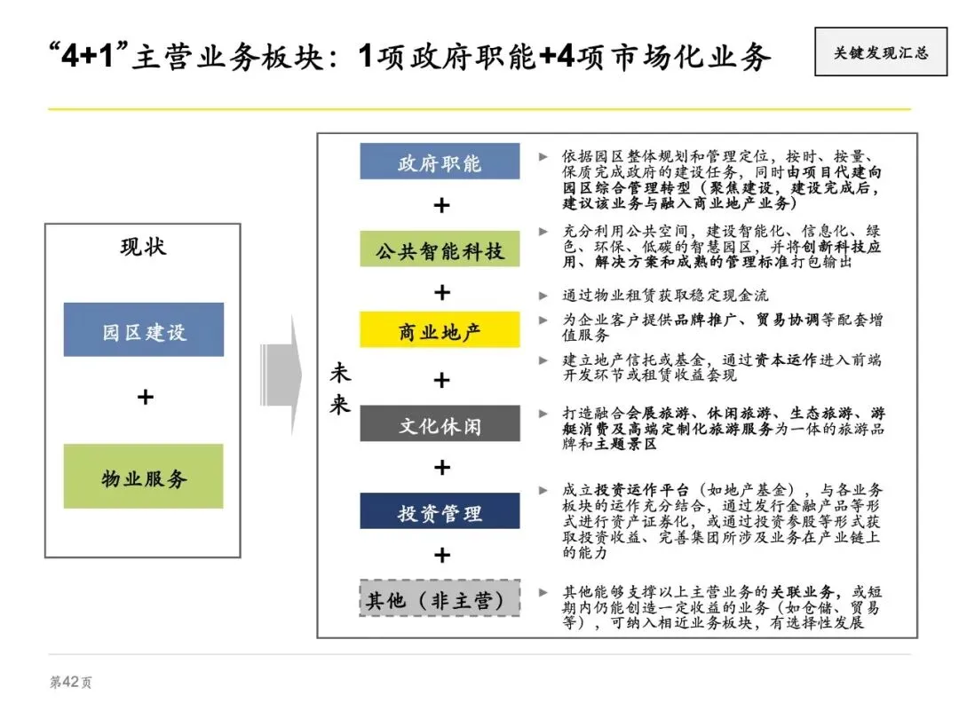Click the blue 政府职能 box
coord(440,162)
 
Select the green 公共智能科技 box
coord(440,249)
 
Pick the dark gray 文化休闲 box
coord(440,423)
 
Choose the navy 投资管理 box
coord(440,511)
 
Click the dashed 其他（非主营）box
coord(440,599)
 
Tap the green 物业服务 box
coord(144,477)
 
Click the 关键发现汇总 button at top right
coord(881,52)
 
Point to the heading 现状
coord(143,246)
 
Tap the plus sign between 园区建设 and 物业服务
coord(145,397)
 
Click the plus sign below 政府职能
coord(441,205)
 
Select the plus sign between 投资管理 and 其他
coord(441,556)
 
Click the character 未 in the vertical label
coord(340,374)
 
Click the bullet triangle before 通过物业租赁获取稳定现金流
coord(543,295)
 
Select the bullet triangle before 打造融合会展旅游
coord(543,414)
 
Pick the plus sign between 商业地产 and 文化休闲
coord(441,380)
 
